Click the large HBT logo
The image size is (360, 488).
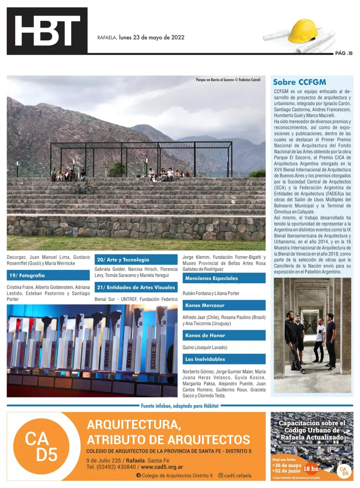47,31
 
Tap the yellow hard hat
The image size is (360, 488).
303,31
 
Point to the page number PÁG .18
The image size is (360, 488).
344,53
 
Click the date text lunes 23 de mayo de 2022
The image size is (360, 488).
152,38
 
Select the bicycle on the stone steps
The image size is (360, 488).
82,188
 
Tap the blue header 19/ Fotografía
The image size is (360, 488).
48,275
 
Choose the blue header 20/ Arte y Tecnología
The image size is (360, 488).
136,260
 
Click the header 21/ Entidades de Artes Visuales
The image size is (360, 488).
136,287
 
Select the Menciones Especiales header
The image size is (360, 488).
224,278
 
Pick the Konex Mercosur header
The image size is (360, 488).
224,305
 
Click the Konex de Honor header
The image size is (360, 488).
224,335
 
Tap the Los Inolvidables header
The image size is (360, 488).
224,359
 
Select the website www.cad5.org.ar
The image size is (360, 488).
162,467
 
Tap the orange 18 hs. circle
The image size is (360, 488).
311,468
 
